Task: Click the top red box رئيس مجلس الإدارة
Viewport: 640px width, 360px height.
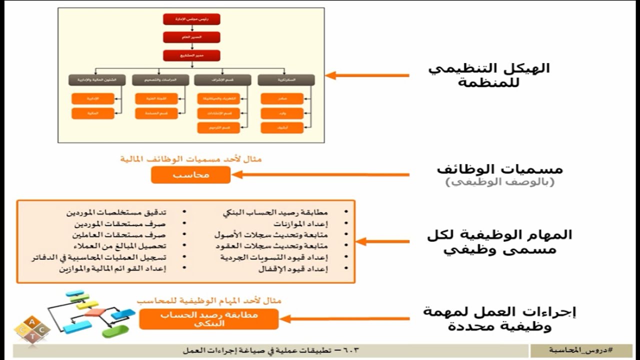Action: point(191,19)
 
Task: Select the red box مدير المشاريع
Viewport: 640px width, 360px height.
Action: point(191,55)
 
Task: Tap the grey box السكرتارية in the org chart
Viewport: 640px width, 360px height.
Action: point(286,79)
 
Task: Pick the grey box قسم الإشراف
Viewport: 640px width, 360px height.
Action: point(222,79)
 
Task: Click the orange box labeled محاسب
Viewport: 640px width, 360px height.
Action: point(191,175)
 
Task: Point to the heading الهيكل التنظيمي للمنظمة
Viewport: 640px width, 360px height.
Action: point(488,75)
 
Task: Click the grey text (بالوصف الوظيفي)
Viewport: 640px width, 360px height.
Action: point(500,182)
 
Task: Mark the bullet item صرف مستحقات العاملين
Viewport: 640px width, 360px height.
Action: point(118,234)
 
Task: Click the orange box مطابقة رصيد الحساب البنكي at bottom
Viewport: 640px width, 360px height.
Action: point(209,318)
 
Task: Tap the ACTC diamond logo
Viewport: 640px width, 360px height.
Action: point(32,329)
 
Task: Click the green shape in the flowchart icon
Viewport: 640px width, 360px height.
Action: point(115,330)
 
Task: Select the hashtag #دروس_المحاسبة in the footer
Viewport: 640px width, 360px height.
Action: point(581,350)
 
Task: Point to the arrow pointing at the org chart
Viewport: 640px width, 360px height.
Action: point(367,75)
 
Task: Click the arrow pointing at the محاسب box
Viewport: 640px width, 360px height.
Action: point(320,174)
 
